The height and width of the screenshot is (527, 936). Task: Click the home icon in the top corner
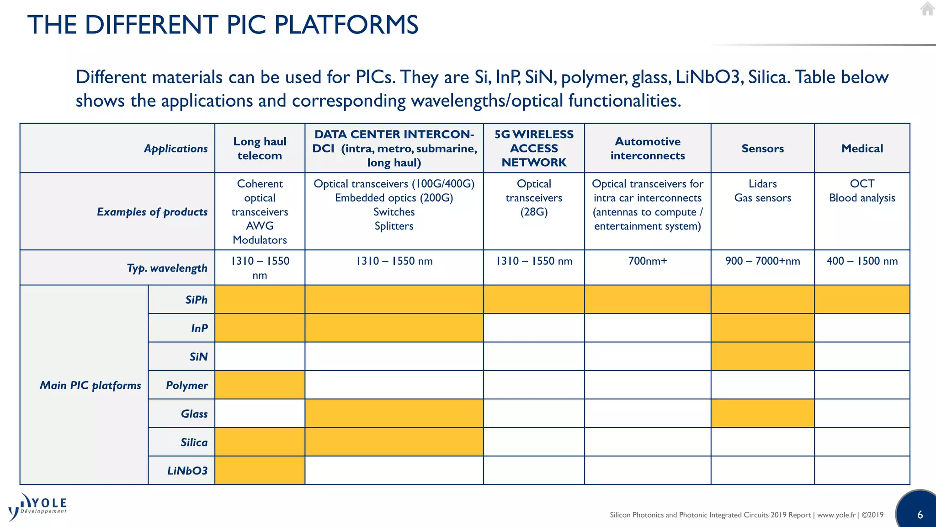tap(927, 9)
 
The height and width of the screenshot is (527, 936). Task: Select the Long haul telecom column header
tap(260, 148)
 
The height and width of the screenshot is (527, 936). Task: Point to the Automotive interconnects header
tap(647, 148)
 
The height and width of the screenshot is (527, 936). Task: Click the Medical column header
tap(862, 148)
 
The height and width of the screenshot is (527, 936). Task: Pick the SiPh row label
tap(196, 300)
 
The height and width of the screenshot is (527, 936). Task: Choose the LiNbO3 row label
tap(187, 470)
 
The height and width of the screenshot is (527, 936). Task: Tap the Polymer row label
tap(186, 385)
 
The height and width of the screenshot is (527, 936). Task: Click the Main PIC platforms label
tap(90, 385)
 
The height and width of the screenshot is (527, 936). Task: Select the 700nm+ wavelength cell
tap(647, 261)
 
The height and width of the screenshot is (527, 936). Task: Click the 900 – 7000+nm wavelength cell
tap(762, 261)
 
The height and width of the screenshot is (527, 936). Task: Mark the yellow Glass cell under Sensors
tap(762, 414)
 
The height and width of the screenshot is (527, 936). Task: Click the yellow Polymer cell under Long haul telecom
tap(260, 385)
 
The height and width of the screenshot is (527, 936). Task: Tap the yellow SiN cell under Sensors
tap(762, 356)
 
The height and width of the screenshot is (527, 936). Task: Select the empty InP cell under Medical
tap(862, 328)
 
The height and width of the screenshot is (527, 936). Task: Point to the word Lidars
tap(762, 184)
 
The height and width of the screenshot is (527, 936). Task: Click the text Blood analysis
tap(862, 198)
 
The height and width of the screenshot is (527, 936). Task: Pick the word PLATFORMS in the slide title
tap(346, 25)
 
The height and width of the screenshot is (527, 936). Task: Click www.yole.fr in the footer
tap(836, 515)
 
